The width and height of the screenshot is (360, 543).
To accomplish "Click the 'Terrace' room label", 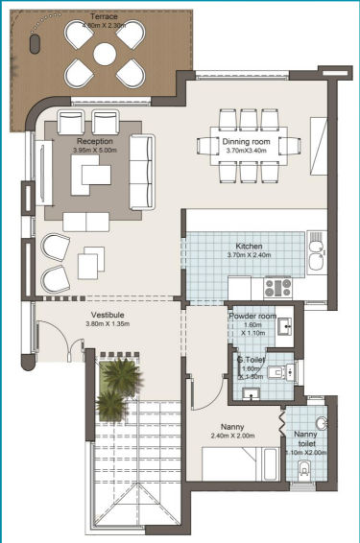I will [x=105, y=17].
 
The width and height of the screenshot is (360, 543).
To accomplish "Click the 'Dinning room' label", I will [x=223, y=140].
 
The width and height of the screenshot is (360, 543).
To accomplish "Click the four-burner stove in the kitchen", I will [x=277, y=285].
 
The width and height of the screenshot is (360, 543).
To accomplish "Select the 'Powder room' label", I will [x=252, y=316].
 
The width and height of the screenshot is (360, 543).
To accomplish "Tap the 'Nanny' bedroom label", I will [x=230, y=427].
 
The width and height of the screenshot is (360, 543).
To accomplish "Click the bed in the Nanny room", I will [x=230, y=465].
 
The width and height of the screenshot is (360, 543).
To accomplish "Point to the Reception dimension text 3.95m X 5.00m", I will [x=94, y=151].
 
